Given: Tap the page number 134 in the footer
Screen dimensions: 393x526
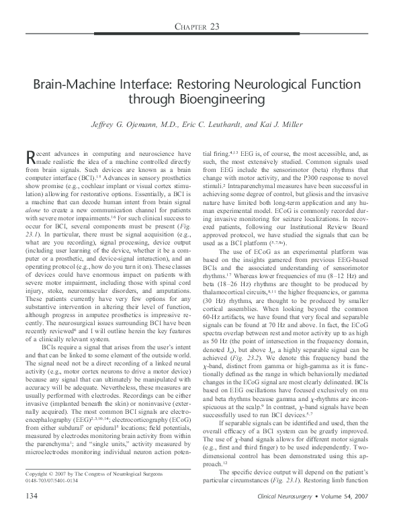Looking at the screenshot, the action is click(30, 515).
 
